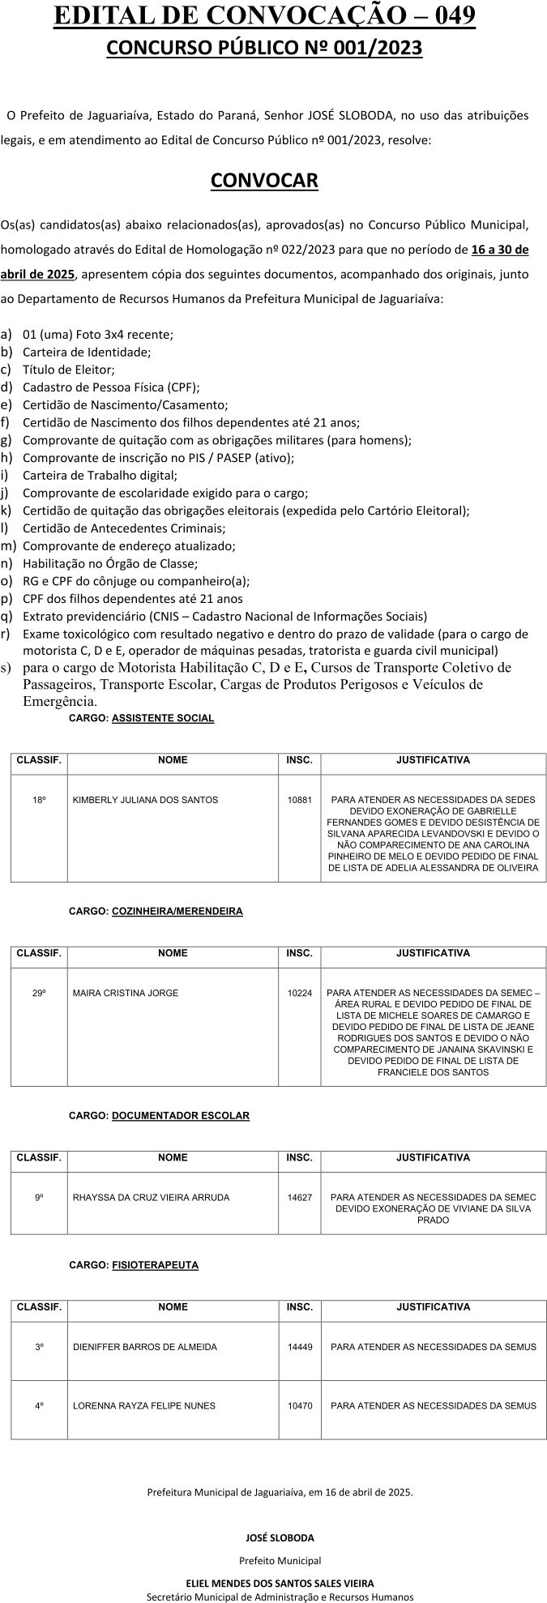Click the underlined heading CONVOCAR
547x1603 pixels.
point(264,180)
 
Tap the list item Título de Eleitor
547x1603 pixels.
point(69,370)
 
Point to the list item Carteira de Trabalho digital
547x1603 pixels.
point(100,475)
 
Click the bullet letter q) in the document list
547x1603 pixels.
point(6,616)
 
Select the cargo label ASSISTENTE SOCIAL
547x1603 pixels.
point(163,718)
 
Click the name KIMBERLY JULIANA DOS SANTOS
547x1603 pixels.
point(145,800)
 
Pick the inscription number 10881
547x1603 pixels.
point(299,800)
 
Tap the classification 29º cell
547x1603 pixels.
point(39,993)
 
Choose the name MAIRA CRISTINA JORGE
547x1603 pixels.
point(125,993)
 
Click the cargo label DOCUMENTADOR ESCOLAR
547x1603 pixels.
point(180,1115)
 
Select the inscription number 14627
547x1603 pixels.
point(299,1197)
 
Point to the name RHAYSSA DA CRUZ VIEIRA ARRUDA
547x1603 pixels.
point(151,1197)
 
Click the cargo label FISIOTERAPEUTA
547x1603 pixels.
point(155,1264)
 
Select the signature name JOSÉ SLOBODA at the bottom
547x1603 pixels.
point(280,1537)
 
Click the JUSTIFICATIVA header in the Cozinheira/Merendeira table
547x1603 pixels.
point(433,953)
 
